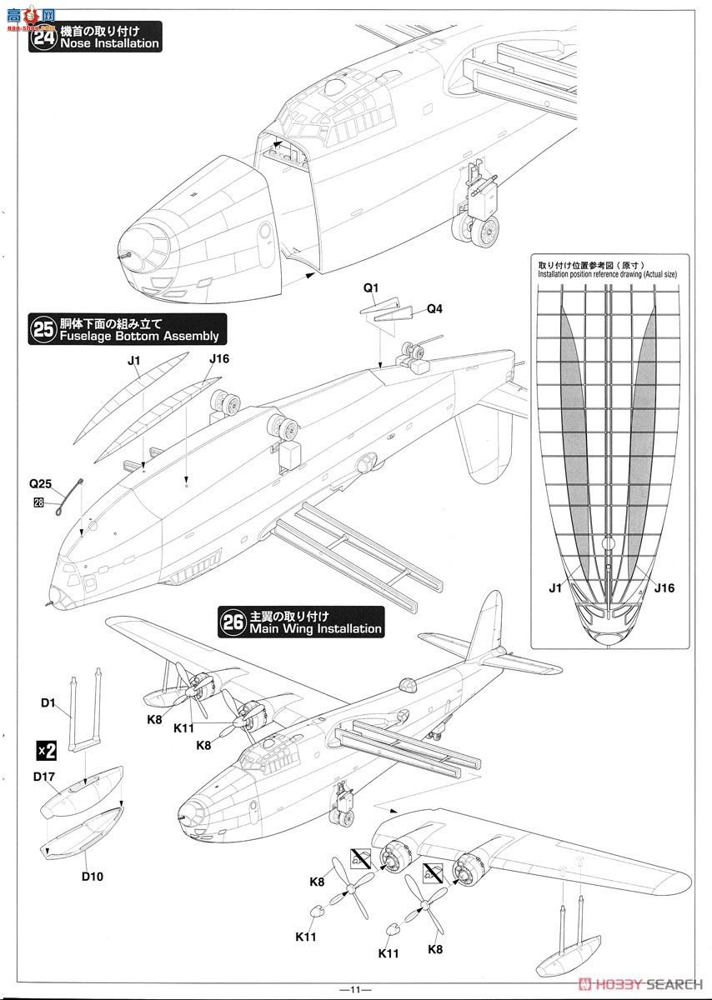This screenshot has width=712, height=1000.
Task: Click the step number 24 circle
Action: [x=43, y=37]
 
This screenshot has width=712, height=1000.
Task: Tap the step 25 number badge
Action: [x=43, y=329]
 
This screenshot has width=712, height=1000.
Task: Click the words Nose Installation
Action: [x=108, y=43]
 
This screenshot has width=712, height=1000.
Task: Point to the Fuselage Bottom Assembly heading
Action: [x=138, y=336]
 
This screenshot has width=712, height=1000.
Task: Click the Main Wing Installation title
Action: [x=316, y=629]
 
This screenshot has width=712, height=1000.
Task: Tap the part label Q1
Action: [x=371, y=288]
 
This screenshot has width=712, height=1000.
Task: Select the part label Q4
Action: [x=434, y=308]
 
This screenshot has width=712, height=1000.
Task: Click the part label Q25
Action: [x=41, y=483]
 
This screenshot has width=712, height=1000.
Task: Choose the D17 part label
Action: [x=45, y=777]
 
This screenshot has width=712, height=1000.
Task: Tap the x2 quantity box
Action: [x=46, y=750]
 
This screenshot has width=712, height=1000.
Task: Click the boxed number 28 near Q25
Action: [x=38, y=502]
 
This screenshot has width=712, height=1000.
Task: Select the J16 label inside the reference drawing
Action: [x=664, y=588]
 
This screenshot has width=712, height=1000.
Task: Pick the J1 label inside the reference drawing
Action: [x=556, y=588]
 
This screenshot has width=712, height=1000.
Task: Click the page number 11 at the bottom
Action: [x=355, y=989]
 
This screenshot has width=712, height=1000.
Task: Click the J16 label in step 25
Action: [x=219, y=359]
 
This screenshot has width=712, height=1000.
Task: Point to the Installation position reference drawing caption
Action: [x=609, y=272]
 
